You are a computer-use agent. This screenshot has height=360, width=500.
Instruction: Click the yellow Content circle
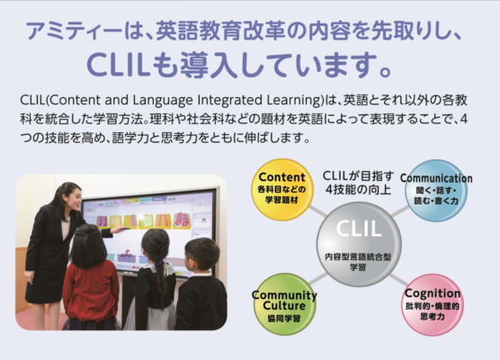coord(281,190)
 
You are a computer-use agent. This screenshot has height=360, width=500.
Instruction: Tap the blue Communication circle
coord(436,191)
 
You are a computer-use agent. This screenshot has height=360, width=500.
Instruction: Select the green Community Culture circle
coord(284,304)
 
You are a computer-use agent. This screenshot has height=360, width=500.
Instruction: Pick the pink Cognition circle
coord(433,304)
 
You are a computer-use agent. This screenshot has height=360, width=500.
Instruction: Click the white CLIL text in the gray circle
coord(359,229)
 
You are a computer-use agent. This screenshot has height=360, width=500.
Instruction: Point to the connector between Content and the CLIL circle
coord(317,211)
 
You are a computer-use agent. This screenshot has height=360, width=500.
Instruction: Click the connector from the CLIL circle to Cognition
coord(398,280)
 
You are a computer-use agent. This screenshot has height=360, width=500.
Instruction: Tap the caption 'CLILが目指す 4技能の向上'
coord(358,182)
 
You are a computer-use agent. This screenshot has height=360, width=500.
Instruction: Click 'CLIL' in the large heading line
coord(119,65)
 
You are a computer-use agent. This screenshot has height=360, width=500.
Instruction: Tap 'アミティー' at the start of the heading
coord(75,31)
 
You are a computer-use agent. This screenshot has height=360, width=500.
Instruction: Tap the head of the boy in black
coord(201,255)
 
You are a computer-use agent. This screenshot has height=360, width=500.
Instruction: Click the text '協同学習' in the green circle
coord(284,319)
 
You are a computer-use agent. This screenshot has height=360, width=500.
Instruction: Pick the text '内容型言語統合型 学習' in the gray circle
coord(358,262)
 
